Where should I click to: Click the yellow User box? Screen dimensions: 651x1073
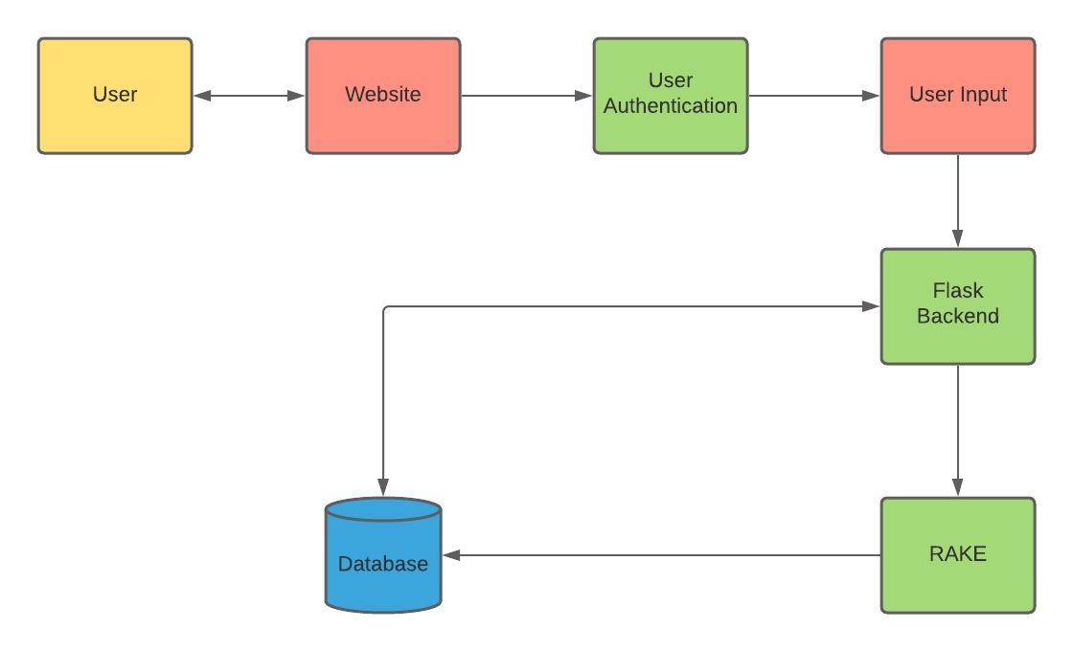pyautogui.click(x=115, y=96)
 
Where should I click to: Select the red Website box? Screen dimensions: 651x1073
pyautogui.click(x=383, y=96)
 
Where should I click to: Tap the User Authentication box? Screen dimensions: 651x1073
pyautogui.click(x=671, y=96)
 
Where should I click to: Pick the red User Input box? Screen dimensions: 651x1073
pyautogui.click(x=958, y=96)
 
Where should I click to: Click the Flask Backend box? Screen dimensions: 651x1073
pyautogui.click(x=958, y=306)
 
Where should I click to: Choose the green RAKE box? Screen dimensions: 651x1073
pyautogui.click(x=958, y=555)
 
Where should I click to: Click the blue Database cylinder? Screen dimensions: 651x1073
pyautogui.click(x=383, y=565)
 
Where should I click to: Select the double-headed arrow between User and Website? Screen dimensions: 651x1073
pyautogui.click(x=249, y=96)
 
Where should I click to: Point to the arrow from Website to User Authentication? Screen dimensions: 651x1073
pyautogui.click(x=527, y=96)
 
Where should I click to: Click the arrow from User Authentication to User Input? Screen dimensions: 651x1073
pyautogui.click(x=814, y=96)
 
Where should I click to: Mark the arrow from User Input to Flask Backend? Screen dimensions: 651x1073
pyautogui.click(x=958, y=201)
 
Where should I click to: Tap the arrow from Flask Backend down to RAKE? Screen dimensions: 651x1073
pyautogui.click(x=958, y=431)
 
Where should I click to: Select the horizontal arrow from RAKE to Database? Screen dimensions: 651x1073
pyautogui.click(x=661, y=555)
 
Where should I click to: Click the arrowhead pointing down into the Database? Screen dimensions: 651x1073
pyautogui.click(x=383, y=485)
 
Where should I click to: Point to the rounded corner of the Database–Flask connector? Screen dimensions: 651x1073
pyautogui.click(x=386, y=309)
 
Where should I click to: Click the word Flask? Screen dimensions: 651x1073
pyautogui.click(x=958, y=291)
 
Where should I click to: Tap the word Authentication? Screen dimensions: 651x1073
pyautogui.click(x=671, y=106)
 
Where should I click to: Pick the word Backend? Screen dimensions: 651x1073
pyautogui.click(x=958, y=316)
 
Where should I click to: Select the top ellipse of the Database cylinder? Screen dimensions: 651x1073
pyautogui.click(x=383, y=509)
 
